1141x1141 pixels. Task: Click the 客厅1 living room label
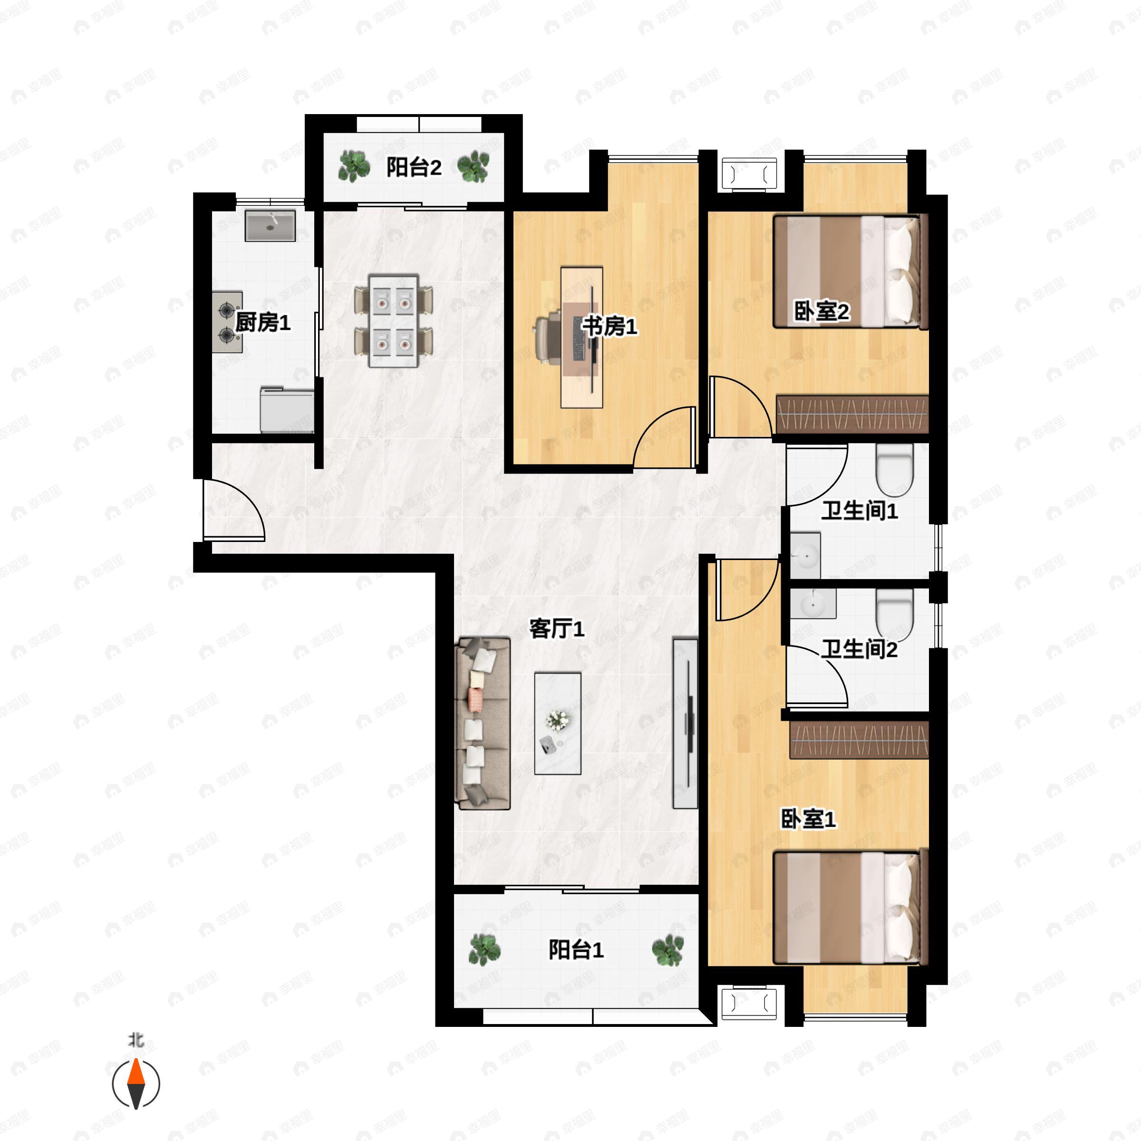coord(556,629)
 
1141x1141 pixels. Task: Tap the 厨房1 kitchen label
coord(263,322)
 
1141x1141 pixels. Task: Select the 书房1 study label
coord(609,326)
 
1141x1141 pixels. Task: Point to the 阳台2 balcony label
coord(414,167)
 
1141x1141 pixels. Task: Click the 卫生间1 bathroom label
coord(859,510)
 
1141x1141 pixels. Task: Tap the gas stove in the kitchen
coord(227,322)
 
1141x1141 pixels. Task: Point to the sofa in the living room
coord(482,723)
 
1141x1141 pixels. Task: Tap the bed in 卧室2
coord(851,271)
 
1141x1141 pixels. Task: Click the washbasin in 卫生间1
coord(805,556)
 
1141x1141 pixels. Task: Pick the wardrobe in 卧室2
coord(852,414)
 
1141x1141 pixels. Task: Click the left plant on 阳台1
coord(484,949)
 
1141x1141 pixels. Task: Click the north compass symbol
coord(136,1084)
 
